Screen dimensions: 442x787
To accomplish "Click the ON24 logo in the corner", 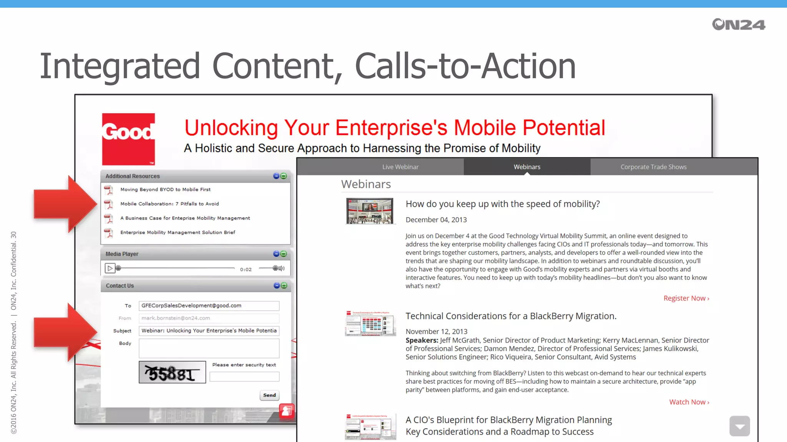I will [x=738, y=25].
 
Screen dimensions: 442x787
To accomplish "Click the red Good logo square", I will [x=128, y=139].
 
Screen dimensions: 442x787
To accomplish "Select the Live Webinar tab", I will [x=400, y=167].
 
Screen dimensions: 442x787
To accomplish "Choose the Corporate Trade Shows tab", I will [x=653, y=167].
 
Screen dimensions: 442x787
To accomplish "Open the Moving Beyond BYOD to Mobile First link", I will [x=165, y=190].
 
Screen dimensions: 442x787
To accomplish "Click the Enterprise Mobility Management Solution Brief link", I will [x=178, y=233].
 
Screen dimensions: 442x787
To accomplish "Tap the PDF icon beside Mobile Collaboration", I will [x=109, y=204].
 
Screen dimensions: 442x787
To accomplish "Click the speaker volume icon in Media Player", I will [x=282, y=269].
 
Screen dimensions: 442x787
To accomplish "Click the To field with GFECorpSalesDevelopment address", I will [x=209, y=306].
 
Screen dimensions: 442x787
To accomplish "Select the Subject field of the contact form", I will [x=209, y=331].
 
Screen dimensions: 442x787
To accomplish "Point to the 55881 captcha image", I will [x=172, y=372].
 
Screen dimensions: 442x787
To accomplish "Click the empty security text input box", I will [x=244, y=377].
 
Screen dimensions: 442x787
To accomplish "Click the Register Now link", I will [x=686, y=298].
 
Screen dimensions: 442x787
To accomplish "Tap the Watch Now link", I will [x=689, y=402].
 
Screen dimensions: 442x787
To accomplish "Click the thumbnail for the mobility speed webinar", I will [x=370, y=211].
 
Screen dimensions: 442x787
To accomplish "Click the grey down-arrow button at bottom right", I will [x=739, y=426].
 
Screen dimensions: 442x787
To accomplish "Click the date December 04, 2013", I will [x=436, y=220].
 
